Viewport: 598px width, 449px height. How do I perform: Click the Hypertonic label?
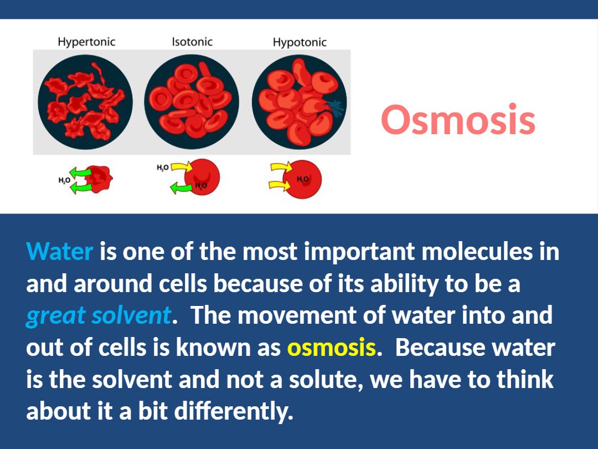[86, 42]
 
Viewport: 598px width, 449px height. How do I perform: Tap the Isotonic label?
[192, 42]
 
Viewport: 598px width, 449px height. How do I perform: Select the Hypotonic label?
[300, 42]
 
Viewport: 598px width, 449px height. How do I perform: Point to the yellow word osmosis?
[332, 348]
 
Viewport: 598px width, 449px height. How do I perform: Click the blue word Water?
[59, 251]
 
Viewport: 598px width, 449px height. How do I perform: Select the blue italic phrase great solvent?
[99, 316]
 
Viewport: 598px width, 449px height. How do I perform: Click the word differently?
[234, 411]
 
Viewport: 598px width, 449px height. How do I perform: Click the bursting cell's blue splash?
[334, 108]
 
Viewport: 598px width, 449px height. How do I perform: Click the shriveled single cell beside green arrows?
[99, 178]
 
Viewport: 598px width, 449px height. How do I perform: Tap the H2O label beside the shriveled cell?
[64, 180]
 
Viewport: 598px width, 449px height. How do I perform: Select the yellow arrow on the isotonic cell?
[182, 167]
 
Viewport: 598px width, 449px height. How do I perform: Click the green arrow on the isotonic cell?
[181, 187]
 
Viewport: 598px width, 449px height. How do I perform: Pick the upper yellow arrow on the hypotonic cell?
[281, 167]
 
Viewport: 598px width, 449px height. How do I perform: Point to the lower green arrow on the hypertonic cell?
[81, 187]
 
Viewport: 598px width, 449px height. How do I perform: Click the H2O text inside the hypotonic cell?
[303, 179]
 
